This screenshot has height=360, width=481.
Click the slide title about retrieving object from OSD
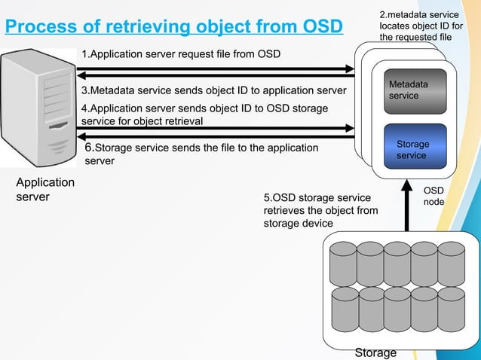tap(173, 27)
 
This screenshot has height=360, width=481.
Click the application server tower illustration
tap(38, 109)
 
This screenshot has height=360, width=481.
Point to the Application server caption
tap(45, 190)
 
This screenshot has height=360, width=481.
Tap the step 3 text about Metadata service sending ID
tap(213, 90)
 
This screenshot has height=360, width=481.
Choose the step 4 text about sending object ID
tap(204, 114)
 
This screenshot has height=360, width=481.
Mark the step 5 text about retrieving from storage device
tap(320, 210)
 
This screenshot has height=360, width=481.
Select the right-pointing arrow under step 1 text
tap(215, 67)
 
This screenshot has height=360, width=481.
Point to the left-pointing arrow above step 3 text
tap(215, 76)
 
